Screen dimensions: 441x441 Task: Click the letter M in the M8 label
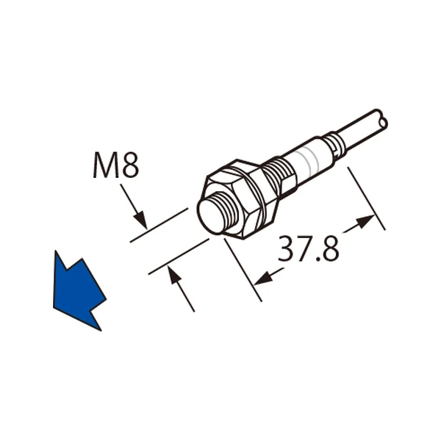[106, 166]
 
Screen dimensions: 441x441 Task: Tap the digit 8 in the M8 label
[130, 166]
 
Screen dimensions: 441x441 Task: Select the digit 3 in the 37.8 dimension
[287, 248]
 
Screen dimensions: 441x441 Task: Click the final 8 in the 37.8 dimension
[331, 248]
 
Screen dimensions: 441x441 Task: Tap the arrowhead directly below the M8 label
[141, 220]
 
